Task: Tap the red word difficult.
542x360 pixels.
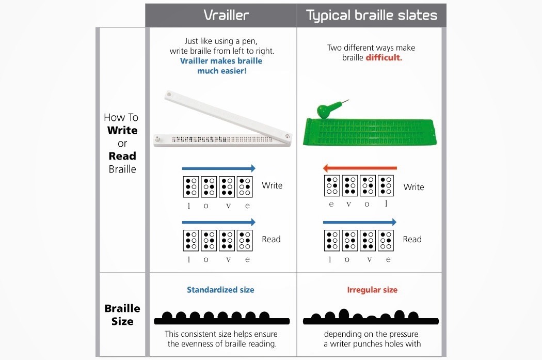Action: pyautogui.click(x=384, y=58)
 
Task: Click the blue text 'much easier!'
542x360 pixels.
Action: pyautogui.click(x=222, y=71)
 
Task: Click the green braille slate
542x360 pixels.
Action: pyautogui.click(x=370, y=132)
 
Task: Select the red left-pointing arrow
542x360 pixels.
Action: pyautogui.click(x=360, y=168)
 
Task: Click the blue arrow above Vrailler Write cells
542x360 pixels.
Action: pyautogui.click(x=219, y=168)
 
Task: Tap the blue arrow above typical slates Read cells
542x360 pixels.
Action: pyautogui.click(x=360, y=223)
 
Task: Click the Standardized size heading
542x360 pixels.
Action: pyautogui.click(x=220, y=290)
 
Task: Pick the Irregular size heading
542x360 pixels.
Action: pyautogui.click(x=372, y=290)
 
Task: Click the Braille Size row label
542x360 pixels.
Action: pyautogui.click(x=122, y=315)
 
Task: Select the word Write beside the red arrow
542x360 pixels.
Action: pyautogui.click(x=413, y=187)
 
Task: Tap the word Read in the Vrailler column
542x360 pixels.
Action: pyautogui.click(x=271, y=239)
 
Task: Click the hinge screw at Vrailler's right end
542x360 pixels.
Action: pyautogui.click(x=287, y=136)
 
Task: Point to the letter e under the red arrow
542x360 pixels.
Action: pyautogui.click(x=331, y=204)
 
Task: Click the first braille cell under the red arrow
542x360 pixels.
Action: pyautogui.click(x=332, y=185)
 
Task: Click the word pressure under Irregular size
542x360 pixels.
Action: pyautogui.click(x=401, y=334)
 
